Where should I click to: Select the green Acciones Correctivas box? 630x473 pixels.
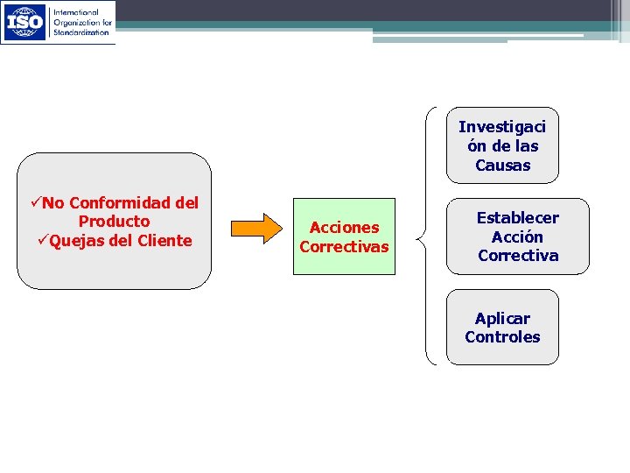click(x=344, y=236)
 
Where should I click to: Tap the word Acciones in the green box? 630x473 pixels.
click(x=344, y=228)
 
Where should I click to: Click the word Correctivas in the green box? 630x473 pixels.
click(x=344, y=247)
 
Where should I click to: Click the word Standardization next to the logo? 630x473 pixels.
click(x=81, y=32)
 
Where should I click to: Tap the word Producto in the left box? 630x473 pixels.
click(x=114, y=222)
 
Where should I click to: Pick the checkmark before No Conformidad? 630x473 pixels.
click(x=35, y=203)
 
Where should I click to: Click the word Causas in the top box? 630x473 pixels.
click(x=502, y=166)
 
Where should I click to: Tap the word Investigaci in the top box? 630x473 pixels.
click(x=502, y=127)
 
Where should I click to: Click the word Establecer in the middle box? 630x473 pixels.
click(x=517, y=218)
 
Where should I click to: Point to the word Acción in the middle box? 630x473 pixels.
click(x=517, y=237)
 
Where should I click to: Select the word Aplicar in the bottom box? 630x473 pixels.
click(x=502, y=318)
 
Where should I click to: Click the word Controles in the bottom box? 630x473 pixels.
click(x=502, y=337)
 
